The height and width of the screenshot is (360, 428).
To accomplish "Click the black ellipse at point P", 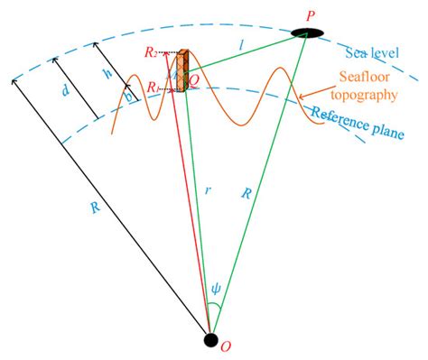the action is pos(310,34).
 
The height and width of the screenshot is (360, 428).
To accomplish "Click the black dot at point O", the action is pos(210,340).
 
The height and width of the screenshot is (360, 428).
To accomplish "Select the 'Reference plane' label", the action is pos(358,125).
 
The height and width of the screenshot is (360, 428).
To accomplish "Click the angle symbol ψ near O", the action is pos(215,291).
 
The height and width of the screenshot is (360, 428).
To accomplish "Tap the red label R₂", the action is pos(151,56).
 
